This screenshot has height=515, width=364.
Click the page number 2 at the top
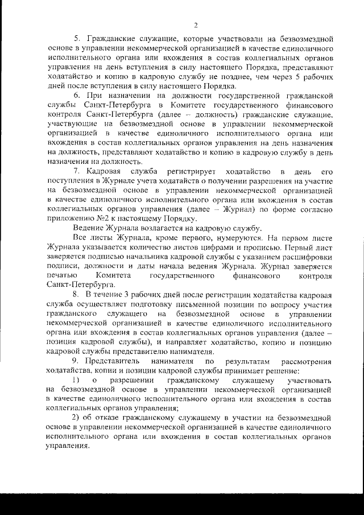[x=195, y=24]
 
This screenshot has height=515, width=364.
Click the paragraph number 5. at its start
[x=79, y=39]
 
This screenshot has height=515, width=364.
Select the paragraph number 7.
[x=78, y=171]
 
